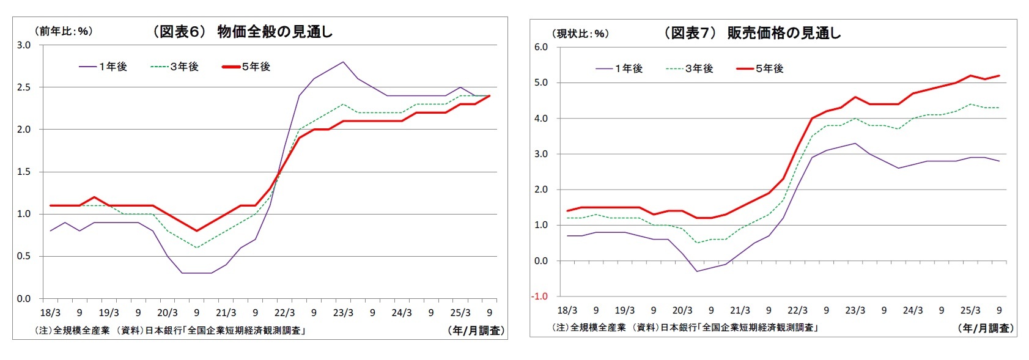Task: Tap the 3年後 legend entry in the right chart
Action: coord(689,68)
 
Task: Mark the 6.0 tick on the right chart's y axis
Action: coord(540,47)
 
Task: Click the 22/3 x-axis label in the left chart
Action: coord(284,313)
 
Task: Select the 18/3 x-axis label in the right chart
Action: coord(567,310)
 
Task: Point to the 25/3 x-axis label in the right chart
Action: coord(970,310)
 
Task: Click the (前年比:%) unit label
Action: coord(64,31)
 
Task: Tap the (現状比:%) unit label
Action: coord(580,34)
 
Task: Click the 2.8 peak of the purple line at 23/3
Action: coord(343,62)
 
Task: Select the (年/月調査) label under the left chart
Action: coord(475,331)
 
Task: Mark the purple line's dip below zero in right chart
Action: coord(697,271)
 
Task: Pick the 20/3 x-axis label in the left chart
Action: coord(167,313)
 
